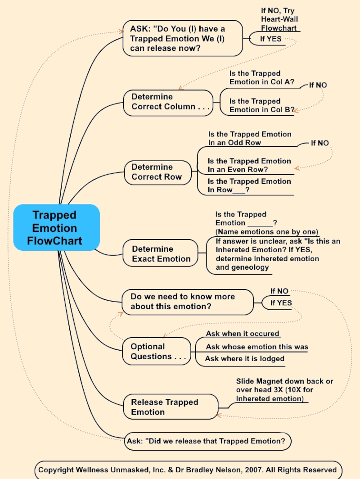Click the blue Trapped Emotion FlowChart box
coord(56,227)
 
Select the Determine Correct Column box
coord(168,102)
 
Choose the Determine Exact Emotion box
coord(161,254)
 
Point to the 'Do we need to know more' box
coord(188,302)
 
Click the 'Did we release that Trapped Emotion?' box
coord(207,441)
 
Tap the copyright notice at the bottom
coord(188,470)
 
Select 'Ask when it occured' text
coord(243,334)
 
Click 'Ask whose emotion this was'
coord(257,347)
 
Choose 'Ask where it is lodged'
coord(245,359)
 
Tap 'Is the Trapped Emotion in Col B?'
coord(261,105)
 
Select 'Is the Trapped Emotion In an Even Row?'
coord(249,165)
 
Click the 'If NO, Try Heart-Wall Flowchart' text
coord(279,19)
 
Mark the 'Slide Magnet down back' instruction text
coord(284,390)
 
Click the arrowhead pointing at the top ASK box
coord(120,31)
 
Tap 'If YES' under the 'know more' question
coord(281,303)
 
